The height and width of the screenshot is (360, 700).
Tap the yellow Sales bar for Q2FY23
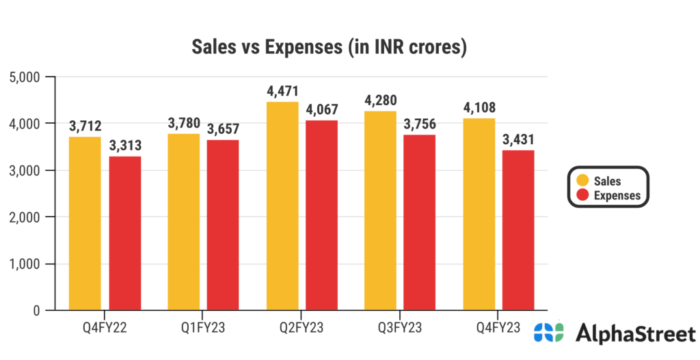[282, 206]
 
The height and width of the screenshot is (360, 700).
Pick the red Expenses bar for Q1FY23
[224, 225]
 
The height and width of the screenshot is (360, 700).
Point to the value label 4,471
[282, 92]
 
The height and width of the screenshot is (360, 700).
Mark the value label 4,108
[479, 108]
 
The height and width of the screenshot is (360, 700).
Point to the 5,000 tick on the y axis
[24, 77]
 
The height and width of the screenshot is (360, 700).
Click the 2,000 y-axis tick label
[24, 217]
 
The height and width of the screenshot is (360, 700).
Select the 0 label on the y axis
[36, 311]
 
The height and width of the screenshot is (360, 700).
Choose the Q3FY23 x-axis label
[400, 327]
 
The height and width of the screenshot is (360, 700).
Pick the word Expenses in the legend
[617, 196]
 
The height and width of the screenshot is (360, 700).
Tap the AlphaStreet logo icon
[549, 333]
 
